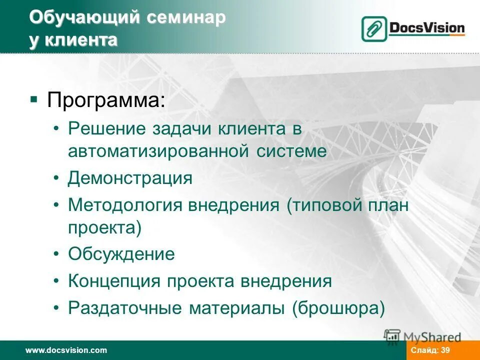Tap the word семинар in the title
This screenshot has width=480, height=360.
click(186, 18)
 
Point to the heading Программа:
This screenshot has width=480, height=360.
click(105, 100)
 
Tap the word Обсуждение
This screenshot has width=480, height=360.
click(121, 254)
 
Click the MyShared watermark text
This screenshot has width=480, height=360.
click(432, 337)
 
